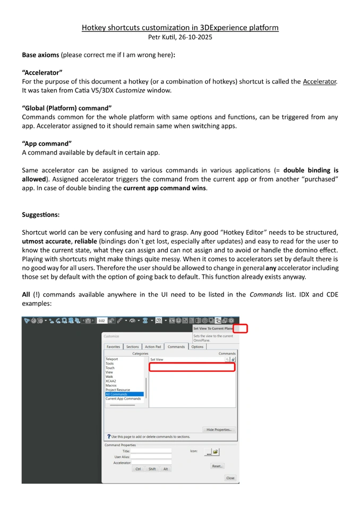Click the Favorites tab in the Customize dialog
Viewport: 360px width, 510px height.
point(113,347)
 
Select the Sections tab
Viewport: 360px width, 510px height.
point(132,347)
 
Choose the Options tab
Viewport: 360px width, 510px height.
point(197,347)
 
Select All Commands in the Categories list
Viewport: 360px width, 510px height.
point(116,394)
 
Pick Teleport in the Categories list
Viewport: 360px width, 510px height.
point(112,359)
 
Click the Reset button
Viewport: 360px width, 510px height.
point(217,465)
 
